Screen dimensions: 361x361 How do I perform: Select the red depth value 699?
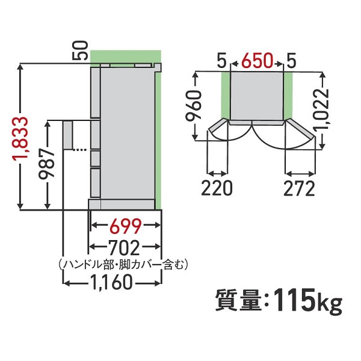coord(126,226)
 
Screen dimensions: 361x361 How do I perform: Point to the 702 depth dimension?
coord(126,247)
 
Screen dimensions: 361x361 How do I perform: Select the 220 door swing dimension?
coord(217,188)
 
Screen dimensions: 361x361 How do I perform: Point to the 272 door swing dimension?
coord(299,188)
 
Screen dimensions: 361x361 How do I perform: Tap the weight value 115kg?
coord(307,299)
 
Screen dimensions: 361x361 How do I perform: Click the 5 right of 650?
coord(291,61)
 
